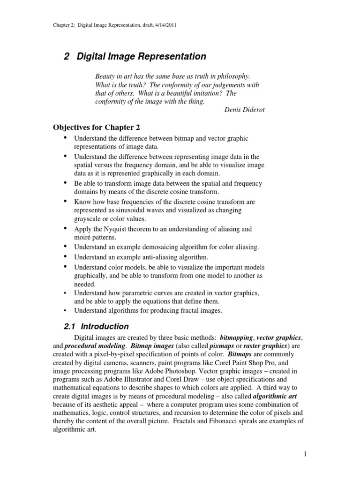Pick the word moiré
tap(83, 237)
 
